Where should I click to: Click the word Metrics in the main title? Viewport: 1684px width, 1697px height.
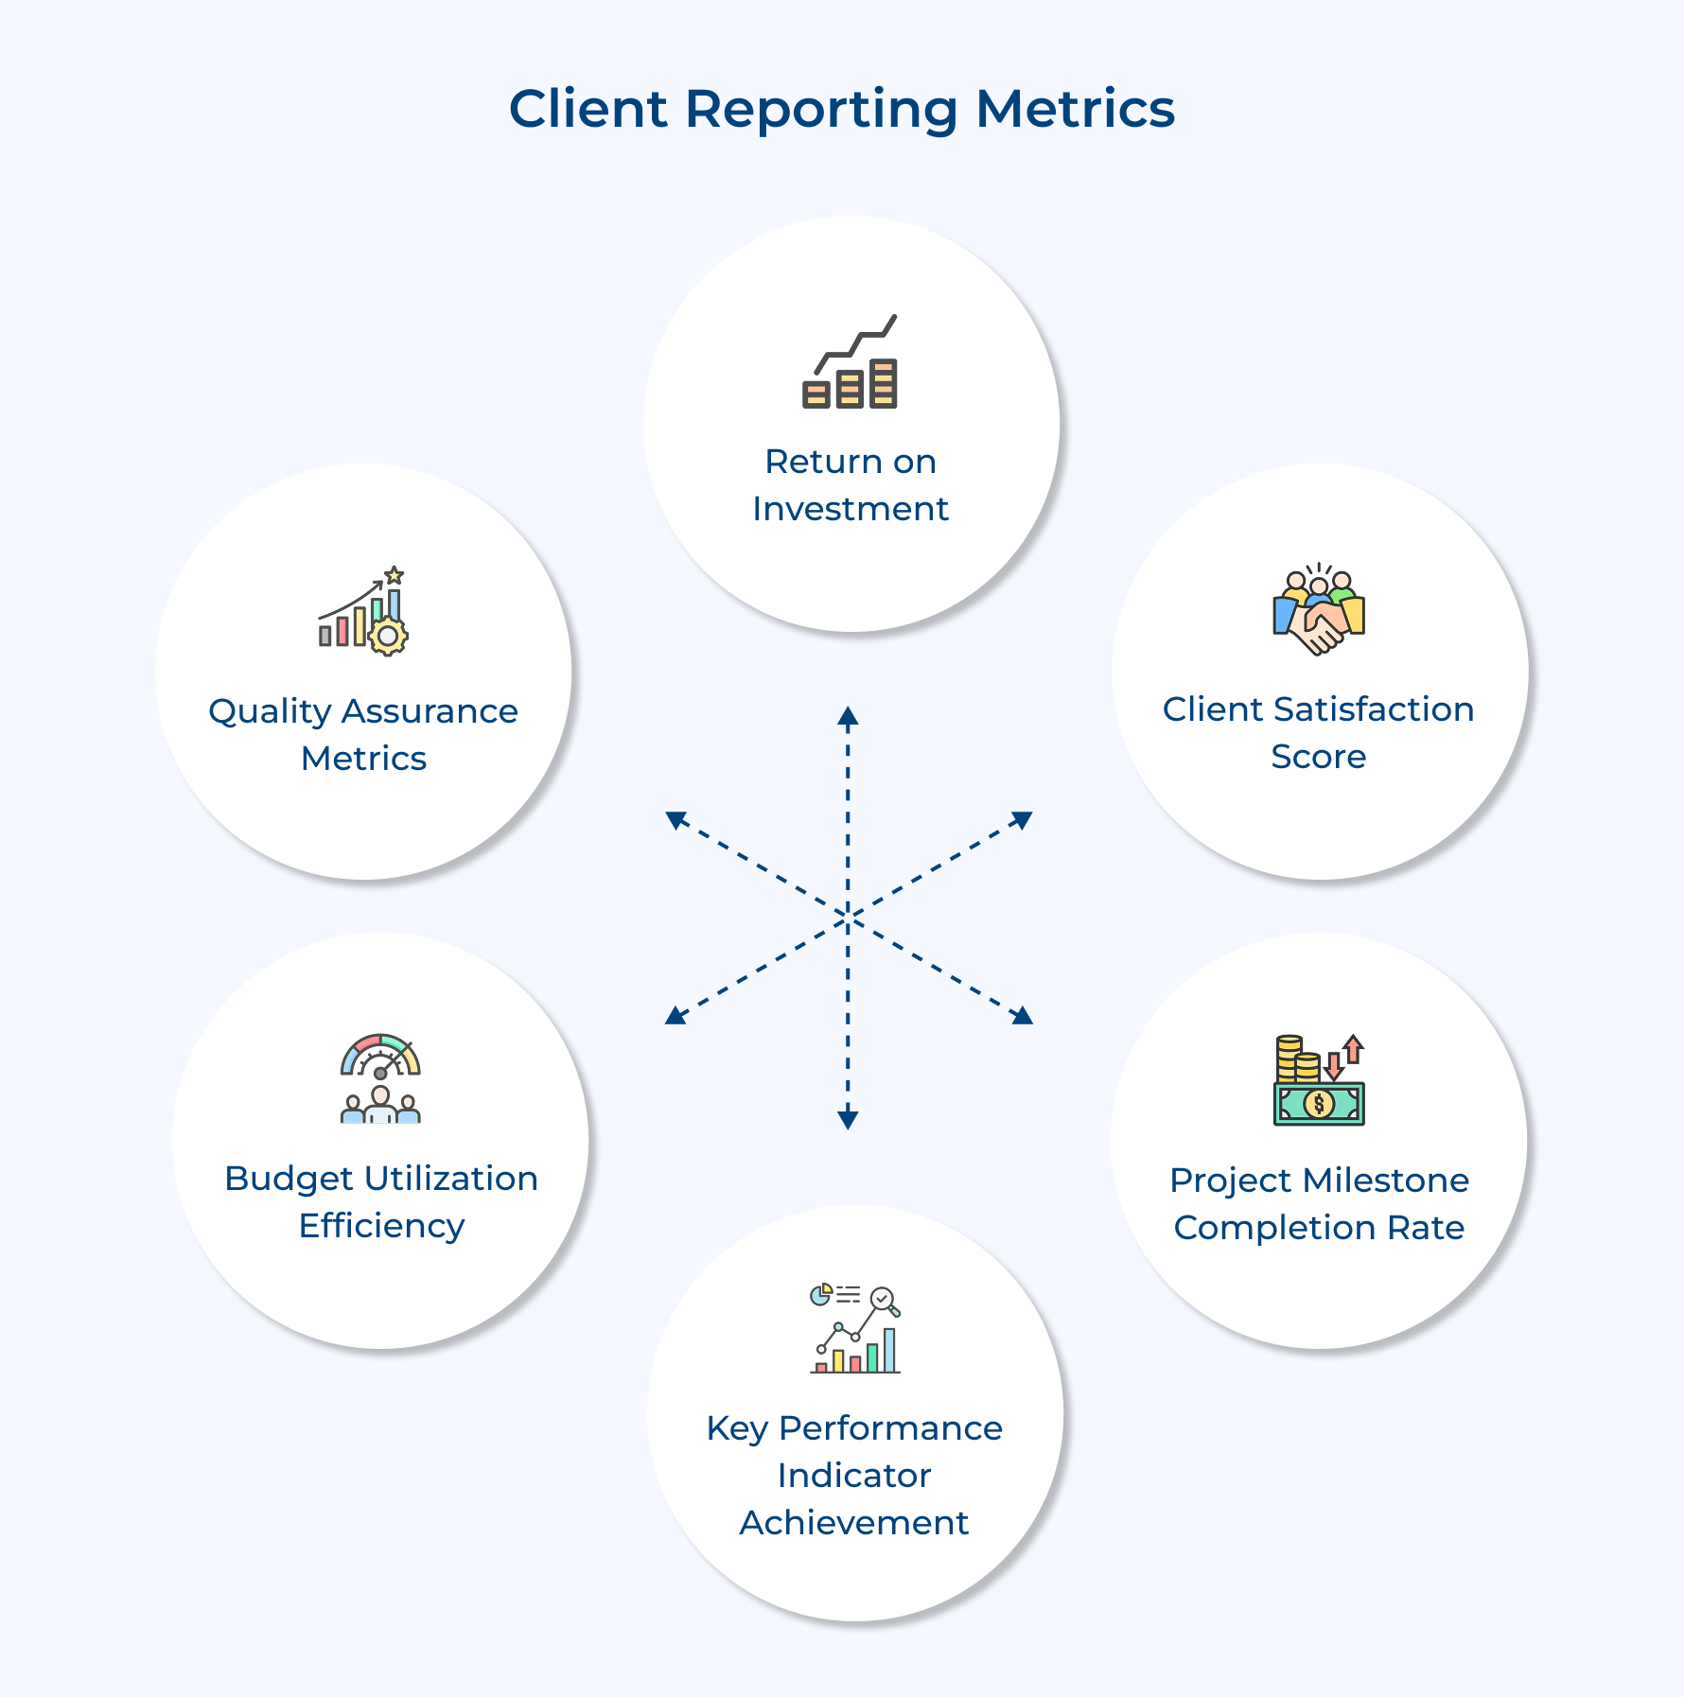(x=1075, y=109)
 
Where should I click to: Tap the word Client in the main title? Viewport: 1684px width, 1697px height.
(x=588, y=109)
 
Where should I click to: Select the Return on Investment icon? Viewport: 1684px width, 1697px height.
(x=850, y=363)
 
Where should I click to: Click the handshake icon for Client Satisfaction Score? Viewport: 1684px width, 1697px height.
(x=1319, y=612)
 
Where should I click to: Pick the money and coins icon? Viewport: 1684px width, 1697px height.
(x=1319, y=1080)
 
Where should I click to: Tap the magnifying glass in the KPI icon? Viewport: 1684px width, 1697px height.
(x=886, y=1302)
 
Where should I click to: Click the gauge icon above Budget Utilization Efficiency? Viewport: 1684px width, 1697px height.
(x=380, y=1056)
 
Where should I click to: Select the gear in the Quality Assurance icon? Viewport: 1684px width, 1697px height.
(x=388, y=636)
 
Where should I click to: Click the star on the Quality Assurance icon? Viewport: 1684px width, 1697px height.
(x=395, y=575)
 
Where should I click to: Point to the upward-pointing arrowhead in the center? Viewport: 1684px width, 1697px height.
(x=848, y=716)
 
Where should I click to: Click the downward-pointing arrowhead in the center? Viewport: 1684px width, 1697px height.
(x=848, y=1120)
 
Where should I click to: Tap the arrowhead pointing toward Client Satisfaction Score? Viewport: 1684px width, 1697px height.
(x=1023, y=819)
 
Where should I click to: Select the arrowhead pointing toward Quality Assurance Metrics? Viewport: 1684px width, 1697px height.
(x=675, y=819)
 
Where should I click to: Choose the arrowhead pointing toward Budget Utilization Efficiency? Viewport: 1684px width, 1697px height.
(x=675, y=1016)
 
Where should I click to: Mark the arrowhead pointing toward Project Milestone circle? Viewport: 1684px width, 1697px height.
(x=1023, y=1016)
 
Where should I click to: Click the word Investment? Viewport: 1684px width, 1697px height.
(x=850, y=509)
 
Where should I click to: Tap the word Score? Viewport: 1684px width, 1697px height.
(x=1318, y=757)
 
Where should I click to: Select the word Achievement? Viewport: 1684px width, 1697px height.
(x=853, y=1523)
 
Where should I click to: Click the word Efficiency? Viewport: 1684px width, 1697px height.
(x=381, y=1226)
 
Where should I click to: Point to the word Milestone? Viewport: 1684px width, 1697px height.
(x=1385, y=1181)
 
